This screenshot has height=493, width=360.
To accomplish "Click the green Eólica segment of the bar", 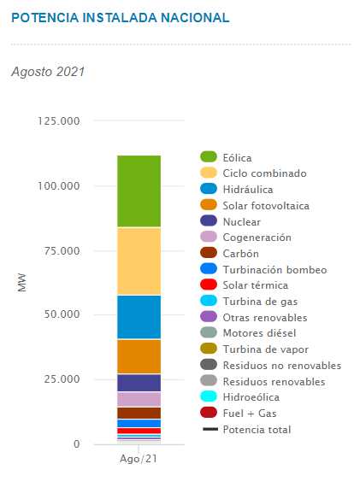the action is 139,191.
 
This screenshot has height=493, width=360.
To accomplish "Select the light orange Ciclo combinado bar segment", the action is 139,261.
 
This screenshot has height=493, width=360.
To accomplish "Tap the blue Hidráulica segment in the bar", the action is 139,317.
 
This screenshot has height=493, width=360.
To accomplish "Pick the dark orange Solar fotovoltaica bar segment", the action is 139,356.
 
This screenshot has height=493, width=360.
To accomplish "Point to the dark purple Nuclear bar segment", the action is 139,383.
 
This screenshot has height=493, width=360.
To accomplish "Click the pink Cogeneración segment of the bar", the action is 139,399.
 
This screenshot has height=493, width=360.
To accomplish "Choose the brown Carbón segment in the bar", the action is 139,413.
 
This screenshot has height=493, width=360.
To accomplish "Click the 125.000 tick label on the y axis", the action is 58,121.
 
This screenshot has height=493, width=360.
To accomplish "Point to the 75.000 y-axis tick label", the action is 62,251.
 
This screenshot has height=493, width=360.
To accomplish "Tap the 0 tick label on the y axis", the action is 76,444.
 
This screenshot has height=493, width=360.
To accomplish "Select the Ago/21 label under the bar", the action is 139,459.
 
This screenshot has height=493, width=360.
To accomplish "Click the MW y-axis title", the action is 22,282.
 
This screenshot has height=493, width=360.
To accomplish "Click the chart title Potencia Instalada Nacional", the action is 121,18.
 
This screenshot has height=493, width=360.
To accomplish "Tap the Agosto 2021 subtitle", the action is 48,72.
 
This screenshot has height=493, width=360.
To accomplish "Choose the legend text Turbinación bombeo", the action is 274,270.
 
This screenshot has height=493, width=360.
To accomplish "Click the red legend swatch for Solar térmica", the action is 209,285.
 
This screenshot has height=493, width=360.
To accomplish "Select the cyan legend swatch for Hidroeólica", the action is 209,396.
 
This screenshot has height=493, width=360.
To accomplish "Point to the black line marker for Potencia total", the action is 210,429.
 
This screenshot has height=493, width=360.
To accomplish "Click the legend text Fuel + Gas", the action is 250,414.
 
